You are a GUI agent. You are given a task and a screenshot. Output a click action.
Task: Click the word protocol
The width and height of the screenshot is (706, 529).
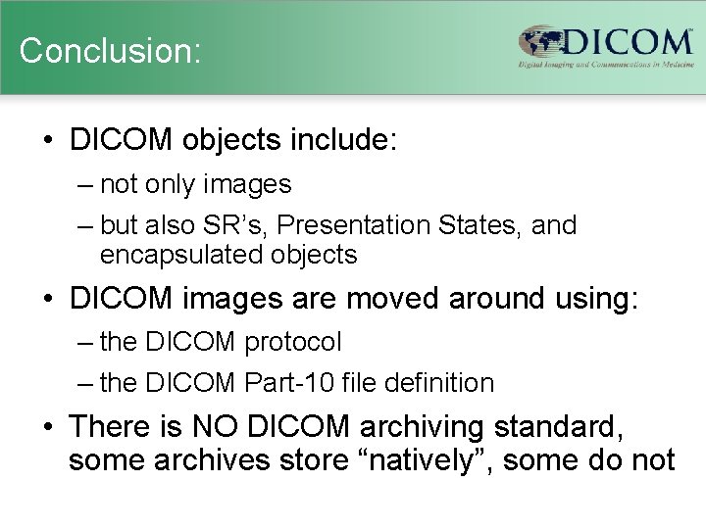(293, 342)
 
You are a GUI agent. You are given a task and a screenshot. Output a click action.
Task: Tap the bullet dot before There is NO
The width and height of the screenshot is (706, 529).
(48, 428)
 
